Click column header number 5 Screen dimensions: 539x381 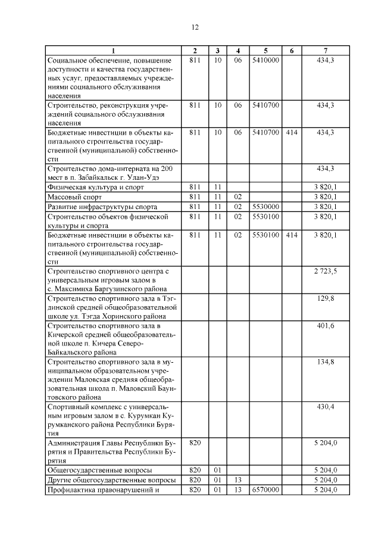tap(266, 50)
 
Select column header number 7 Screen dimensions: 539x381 tap(325, 50)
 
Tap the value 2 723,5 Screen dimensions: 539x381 tap(325, 271)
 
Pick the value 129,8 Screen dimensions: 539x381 tap(326, 297)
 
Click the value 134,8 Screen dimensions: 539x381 tap(326, 361)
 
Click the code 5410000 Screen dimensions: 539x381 tap(266, 60)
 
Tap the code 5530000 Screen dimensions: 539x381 tap(266, 206)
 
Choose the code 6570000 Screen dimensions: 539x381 tap(266, 490)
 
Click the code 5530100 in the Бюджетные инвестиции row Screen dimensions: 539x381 tap(266, 235)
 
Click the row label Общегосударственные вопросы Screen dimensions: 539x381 tap(99, 470)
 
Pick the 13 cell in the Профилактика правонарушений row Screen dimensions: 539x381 tap(238, 490)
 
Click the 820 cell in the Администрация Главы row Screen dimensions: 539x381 tap(195, 443)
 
